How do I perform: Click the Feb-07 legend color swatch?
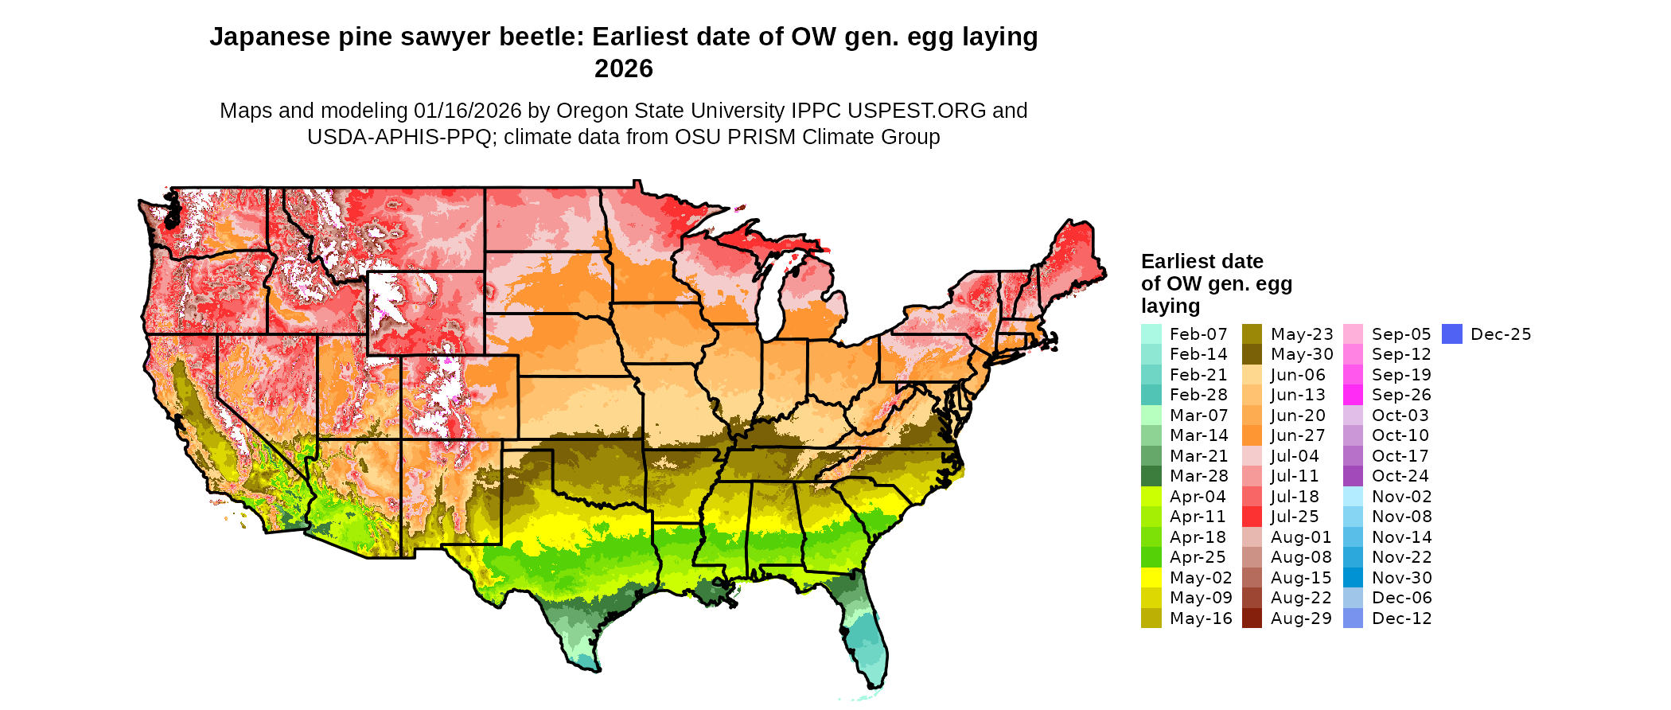coord(1151,334)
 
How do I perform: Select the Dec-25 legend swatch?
coord(1452,334)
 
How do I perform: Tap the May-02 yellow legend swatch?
coord(1151,578)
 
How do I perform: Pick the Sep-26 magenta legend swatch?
coord(1353,395)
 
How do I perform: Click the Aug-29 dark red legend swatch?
coord(1252,618)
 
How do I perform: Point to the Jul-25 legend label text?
coord(1295,517)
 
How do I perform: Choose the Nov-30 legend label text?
coord(1401,578)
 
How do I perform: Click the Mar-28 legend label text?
coord(1198,476)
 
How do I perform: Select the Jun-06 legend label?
coord(1298,375)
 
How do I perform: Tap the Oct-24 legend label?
coord(1400,476)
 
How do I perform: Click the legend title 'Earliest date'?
coord(1202,262)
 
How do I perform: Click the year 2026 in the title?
coord(623,68)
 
